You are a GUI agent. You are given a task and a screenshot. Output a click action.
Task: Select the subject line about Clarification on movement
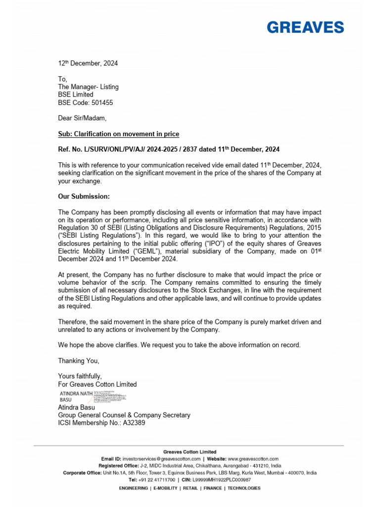tap(119, 134)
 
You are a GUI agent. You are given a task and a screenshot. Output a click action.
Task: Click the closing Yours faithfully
tap(80, 376)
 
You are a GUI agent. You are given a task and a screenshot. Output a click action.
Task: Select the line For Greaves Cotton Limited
tap(97, 384)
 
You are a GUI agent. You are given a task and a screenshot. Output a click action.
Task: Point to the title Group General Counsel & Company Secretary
tap(124, 415)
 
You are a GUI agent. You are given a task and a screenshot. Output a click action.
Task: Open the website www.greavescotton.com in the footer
tap(253, 459)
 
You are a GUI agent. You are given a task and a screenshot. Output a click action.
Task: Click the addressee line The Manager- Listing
tap(89, 87)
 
